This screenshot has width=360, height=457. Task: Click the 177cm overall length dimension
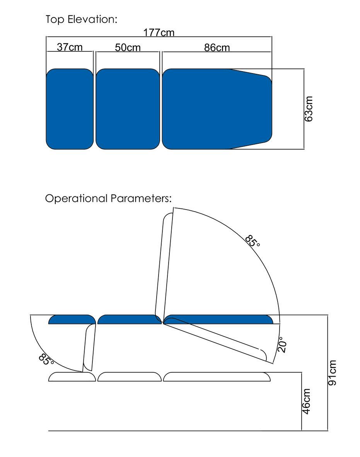coord(159,32)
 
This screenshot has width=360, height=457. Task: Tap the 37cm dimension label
coord(70,47)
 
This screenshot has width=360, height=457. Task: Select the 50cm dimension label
coord(128,48)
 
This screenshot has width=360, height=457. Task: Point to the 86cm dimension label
coord(217,48)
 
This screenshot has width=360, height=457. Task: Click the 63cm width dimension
coord(309,109)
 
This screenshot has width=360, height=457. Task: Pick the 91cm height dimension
coord(332,372)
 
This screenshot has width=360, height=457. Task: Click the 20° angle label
coord(282,344)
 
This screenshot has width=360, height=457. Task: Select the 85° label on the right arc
coord(253,241)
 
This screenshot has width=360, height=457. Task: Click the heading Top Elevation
coord(81,19)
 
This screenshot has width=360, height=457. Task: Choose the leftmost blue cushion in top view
coord(70,109)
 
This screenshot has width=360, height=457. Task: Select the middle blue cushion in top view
coord(128,109)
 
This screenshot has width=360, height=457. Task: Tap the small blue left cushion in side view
coord(72,320)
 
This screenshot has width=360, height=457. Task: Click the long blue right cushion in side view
coord(218,319)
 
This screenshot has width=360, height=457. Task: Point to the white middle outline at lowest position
coord(129,377)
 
